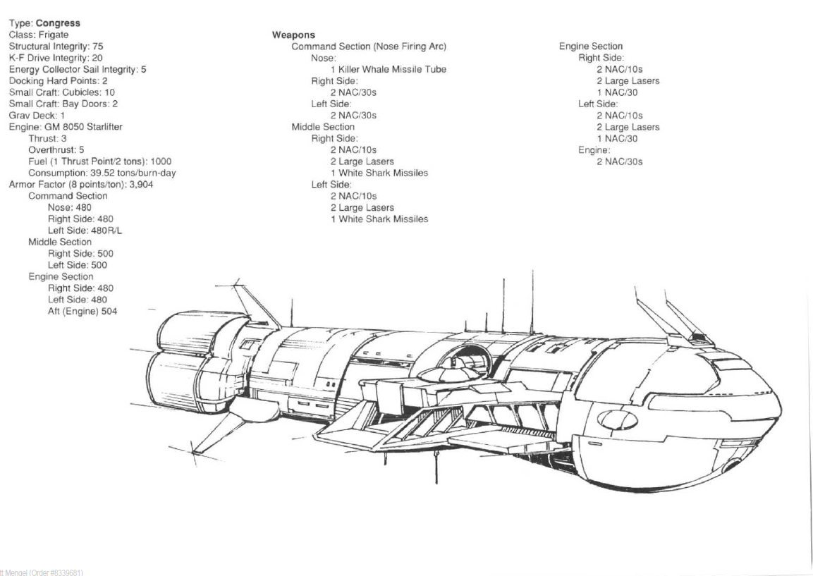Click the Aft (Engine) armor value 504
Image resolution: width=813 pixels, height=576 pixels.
tap(103, 311)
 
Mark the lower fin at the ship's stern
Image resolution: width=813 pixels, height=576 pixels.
tap(215, 430)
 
